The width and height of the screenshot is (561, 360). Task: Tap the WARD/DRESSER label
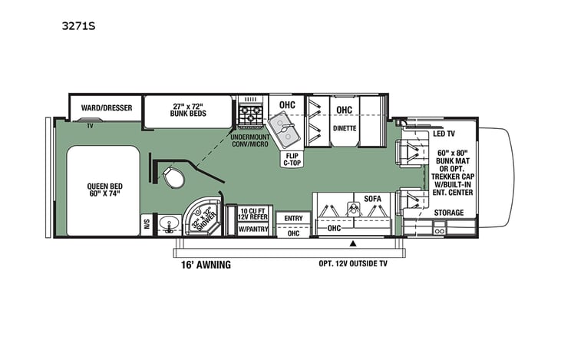(x=105, y=108)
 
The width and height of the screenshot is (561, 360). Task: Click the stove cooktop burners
(x=249, y=116)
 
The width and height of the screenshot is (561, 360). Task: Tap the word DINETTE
(x=345, y=127)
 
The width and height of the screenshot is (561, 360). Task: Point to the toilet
(x=173, y=178)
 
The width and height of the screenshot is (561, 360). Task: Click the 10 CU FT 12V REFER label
(x=252, y=214)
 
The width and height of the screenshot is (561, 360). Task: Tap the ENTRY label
(x=294, y=219)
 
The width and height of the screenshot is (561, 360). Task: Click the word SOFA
(x=373, y=199)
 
